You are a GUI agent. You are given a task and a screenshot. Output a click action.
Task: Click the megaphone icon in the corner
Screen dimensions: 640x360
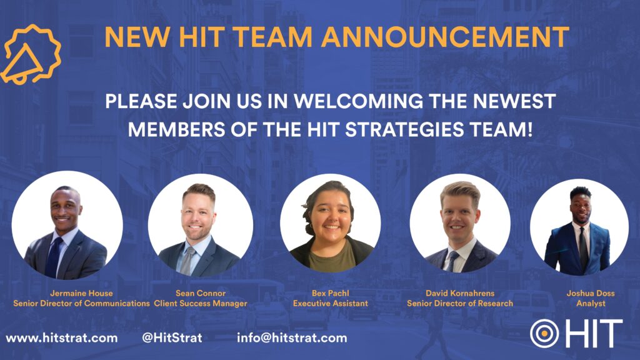tap(31, 54)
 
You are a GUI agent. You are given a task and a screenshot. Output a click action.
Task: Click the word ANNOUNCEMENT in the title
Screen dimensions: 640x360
tap(445, 36)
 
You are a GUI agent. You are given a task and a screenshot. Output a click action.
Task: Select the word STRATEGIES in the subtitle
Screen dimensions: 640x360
tap(404, 129)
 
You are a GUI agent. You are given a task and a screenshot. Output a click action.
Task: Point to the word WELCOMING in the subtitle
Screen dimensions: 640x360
tap(359, 101)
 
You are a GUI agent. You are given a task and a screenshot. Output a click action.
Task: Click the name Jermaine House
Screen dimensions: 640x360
tap(81, 293)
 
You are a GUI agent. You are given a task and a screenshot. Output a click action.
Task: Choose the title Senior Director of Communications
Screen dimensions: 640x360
tap(81, 303)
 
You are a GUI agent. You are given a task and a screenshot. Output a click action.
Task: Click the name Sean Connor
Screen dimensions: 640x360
tap(201, 293)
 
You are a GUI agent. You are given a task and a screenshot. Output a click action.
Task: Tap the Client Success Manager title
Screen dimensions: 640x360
tap(201, 303)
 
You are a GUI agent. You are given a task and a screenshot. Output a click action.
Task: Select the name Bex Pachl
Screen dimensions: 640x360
tap(330, 293)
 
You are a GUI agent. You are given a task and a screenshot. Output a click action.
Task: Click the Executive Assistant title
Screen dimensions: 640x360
tap(330, 303)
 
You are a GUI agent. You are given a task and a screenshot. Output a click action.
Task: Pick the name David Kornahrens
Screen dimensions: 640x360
tap(460, 293)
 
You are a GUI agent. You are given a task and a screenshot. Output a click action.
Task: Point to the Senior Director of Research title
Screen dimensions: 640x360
tap(460, 303)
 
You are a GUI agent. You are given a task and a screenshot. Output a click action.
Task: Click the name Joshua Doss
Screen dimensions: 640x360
tap(591, 293)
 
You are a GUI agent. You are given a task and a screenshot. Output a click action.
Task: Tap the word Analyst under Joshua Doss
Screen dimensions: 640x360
tap(591, 303)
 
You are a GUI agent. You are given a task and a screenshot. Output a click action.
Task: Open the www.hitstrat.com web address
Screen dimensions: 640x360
tap(62, 338)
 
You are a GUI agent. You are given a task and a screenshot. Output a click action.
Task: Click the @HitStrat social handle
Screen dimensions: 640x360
tap(172, 338)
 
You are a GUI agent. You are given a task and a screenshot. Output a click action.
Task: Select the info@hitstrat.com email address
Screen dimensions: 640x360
tap(292, 338)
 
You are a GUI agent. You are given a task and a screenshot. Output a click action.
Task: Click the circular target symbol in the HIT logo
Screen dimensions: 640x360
tap(544, 334)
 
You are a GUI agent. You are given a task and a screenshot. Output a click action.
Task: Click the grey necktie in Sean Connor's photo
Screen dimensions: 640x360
tap(187, 261)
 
